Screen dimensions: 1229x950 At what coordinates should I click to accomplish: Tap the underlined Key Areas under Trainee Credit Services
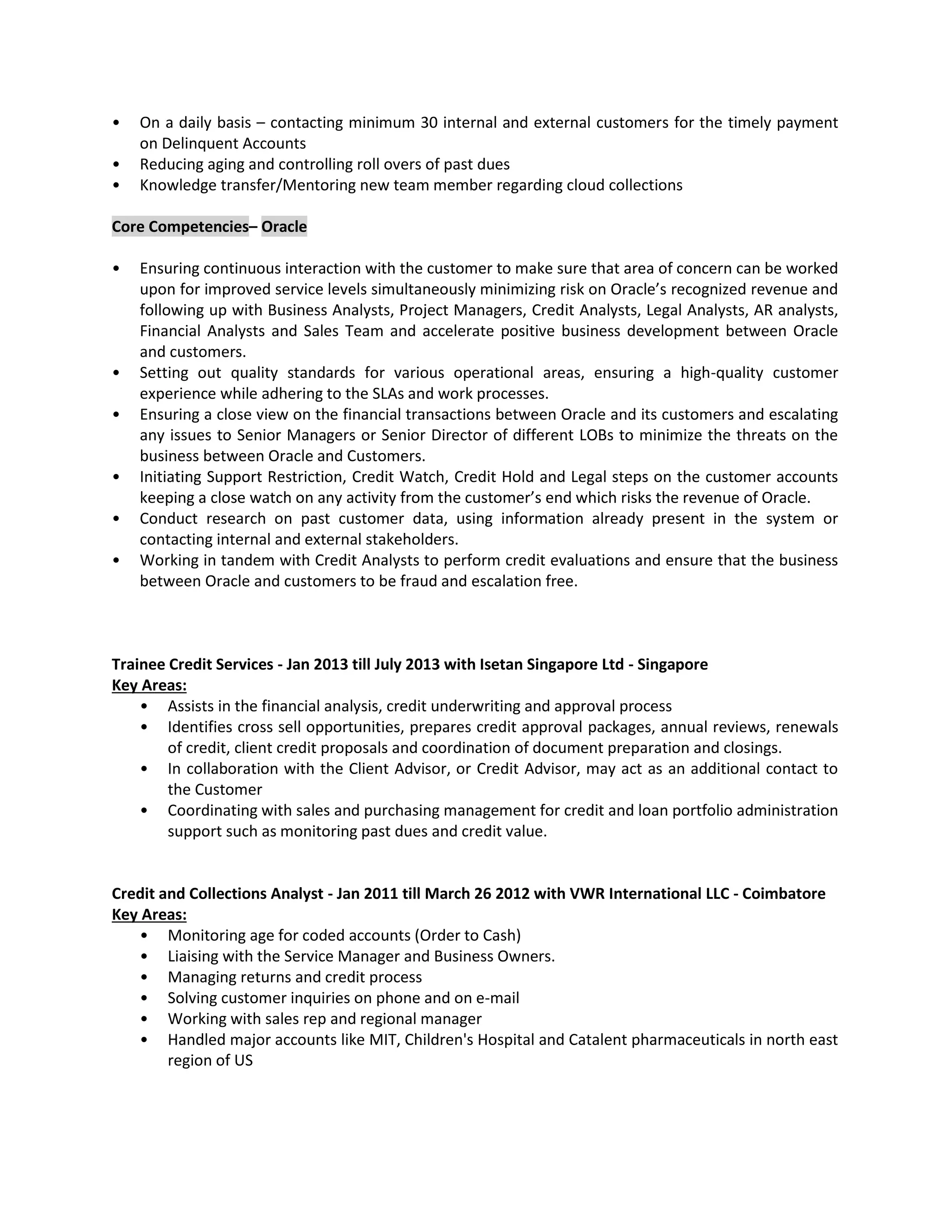coord(149,685)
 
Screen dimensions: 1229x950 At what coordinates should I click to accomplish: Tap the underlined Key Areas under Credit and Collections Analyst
coord(149,915)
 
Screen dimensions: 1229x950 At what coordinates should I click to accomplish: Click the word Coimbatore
coord(783,894)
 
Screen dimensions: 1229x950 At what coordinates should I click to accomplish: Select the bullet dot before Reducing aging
coord(116,164)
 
